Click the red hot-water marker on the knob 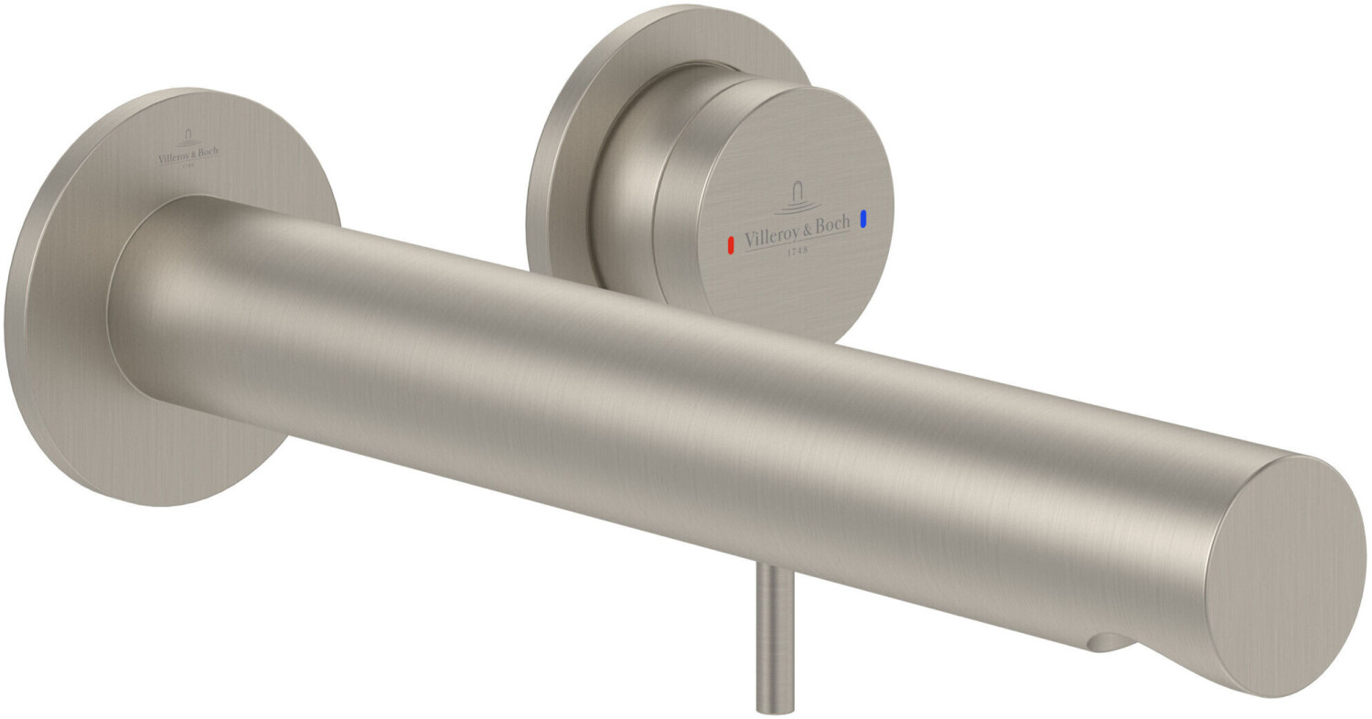(730, 245)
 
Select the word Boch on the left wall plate (209, 152)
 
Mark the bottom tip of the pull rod (769, 707)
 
